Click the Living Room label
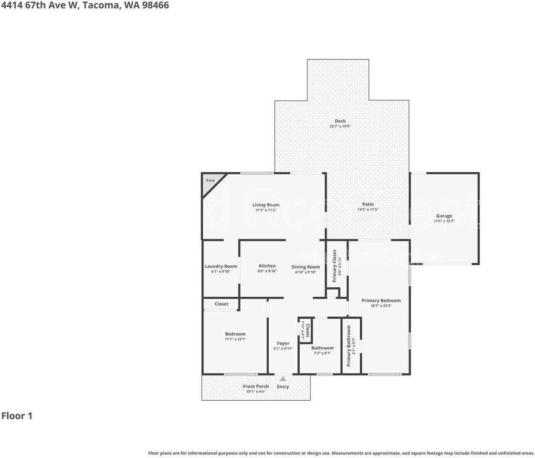(266, 205)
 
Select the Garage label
(444, 216)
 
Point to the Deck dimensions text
(340, 126)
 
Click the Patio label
(367, 204)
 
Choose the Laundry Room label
(220, 266)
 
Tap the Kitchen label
(267, 266)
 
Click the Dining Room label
(306, 267)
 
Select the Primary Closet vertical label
(335, 266)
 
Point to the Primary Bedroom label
(381, 301)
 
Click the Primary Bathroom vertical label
(349, 346)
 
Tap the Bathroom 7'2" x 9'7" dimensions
(323, 354)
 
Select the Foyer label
(283, 343)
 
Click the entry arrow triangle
(283, 379)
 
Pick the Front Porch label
(256, 386)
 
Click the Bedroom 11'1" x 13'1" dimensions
(235, 339)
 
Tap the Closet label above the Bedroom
(221, 304)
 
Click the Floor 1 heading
(17, 416)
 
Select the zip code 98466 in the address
(153, 6)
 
